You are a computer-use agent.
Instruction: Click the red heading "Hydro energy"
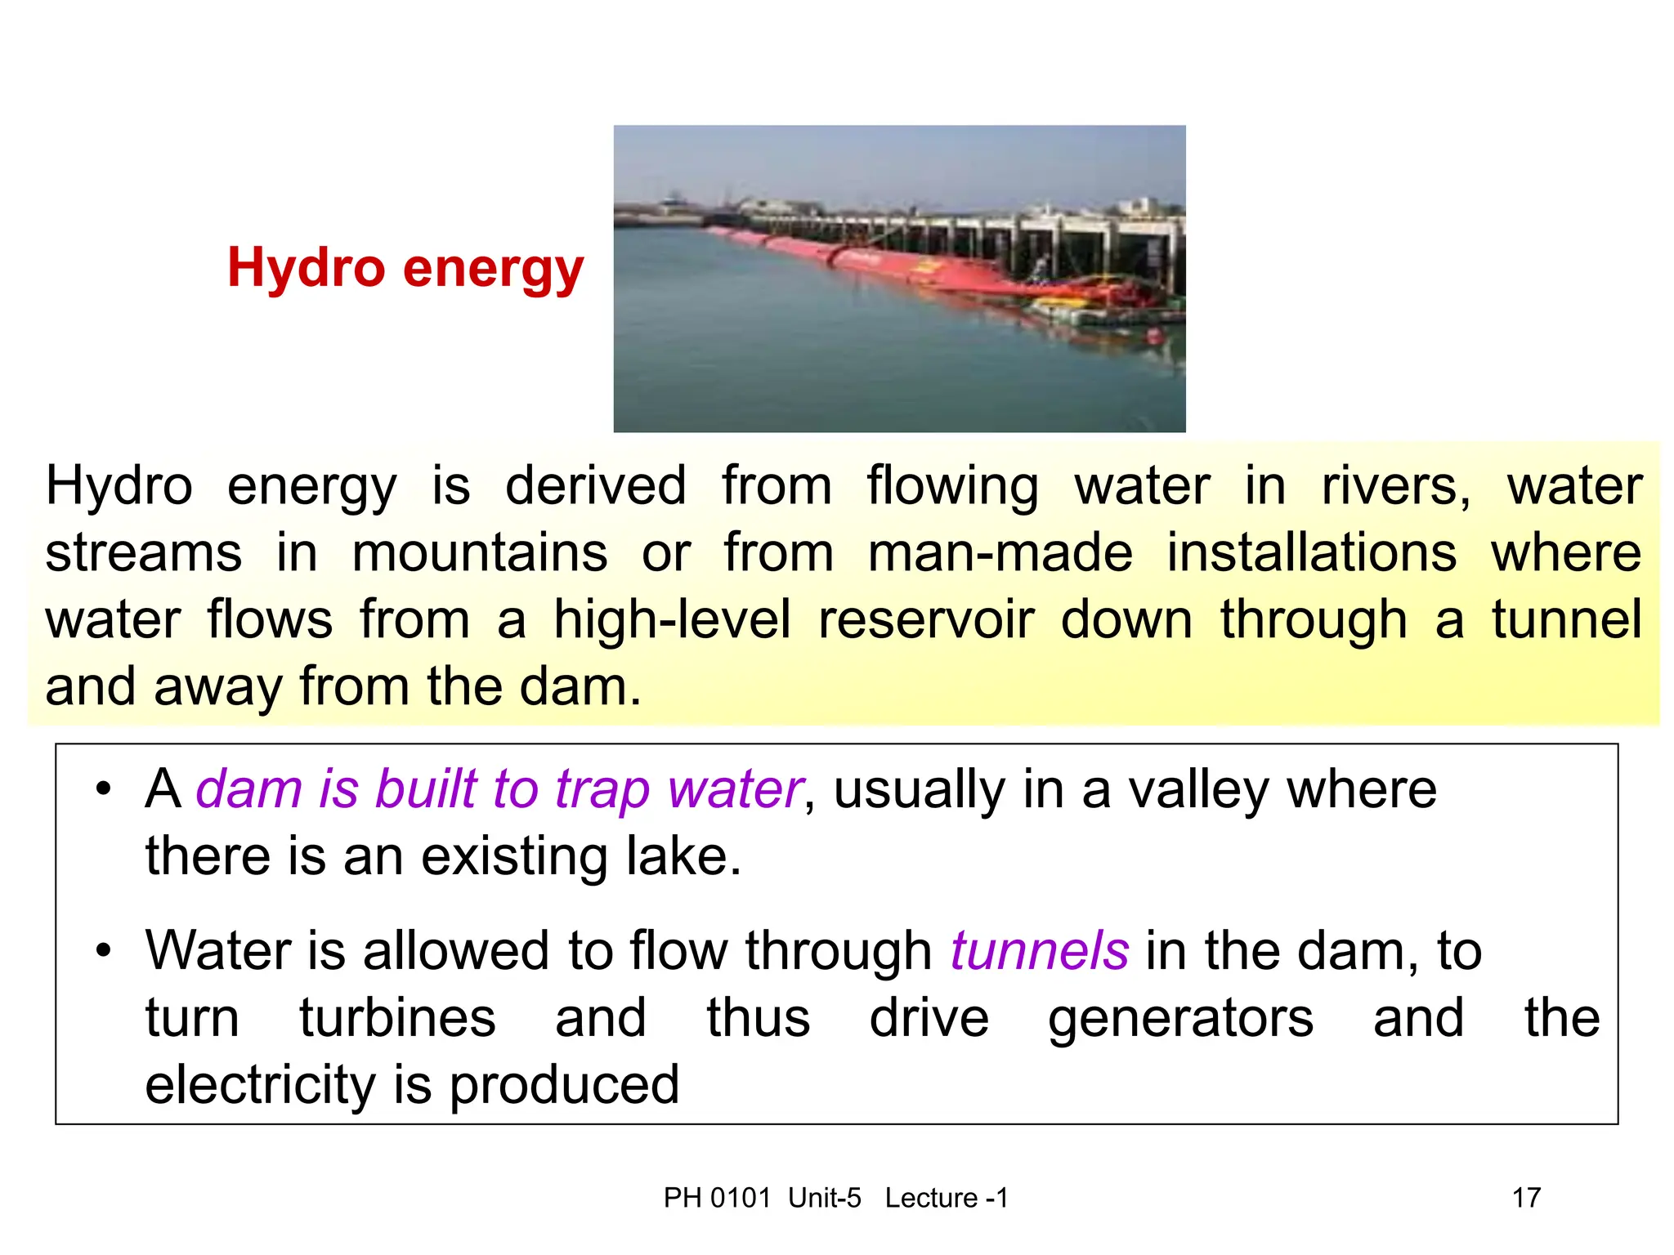click(405, 268)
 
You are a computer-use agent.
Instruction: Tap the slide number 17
click(1526, 1198)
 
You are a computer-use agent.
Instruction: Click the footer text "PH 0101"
click(717, 1198)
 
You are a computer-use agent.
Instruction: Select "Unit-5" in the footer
click(824, 1198)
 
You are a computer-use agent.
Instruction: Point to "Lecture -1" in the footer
click(947, 1198)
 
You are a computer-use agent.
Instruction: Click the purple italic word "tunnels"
click(1039, 951)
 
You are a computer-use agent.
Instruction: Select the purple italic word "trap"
click(602, 791)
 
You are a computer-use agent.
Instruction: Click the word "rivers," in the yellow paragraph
click(1396, 487)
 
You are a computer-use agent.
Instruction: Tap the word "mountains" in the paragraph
click(480, 553)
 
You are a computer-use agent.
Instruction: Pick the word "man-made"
click(1000, 553)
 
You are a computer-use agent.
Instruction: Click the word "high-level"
click(672, 620)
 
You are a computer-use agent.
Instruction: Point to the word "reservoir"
click(926, 620)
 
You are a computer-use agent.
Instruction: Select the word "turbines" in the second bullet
click(397, 1018)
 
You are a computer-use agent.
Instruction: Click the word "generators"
click(1180, 1020)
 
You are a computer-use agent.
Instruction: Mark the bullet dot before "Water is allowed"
click(103, 951)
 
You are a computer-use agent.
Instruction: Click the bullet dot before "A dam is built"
click(103, 789)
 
